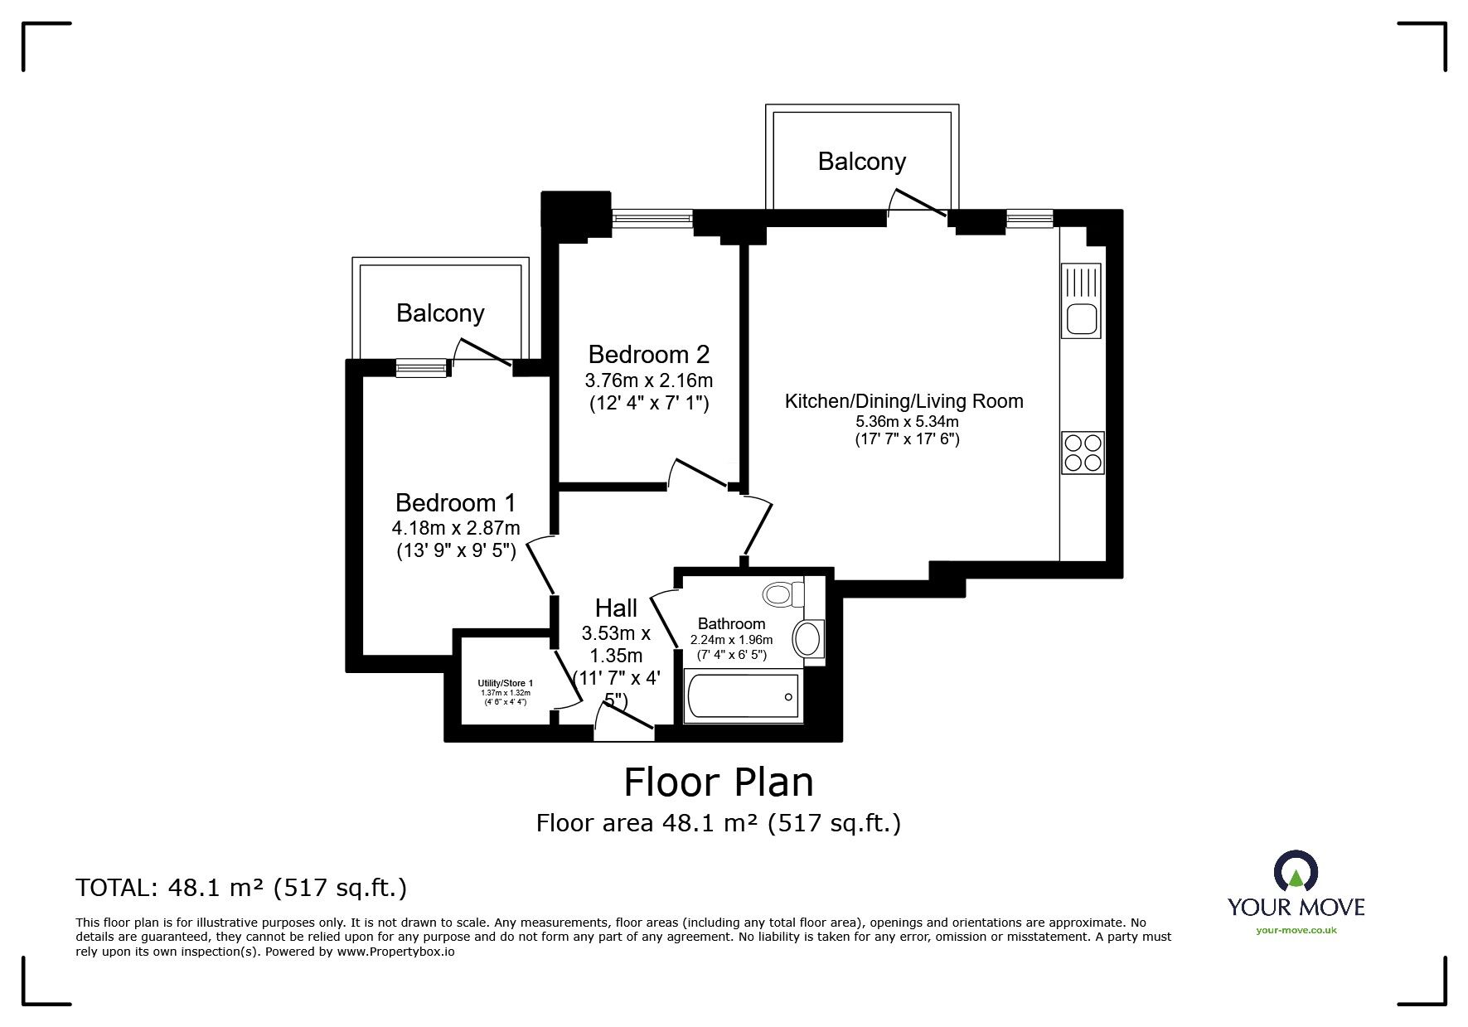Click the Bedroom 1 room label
455,503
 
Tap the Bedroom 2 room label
649,355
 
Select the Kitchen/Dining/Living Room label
904,402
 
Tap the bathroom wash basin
808,639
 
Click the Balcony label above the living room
862,161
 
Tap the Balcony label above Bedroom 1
440,313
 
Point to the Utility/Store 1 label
506,683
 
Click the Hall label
617,608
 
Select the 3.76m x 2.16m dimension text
649,380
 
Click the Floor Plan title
719,782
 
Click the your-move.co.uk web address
1296,930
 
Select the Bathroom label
731,623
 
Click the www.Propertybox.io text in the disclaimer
395,953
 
